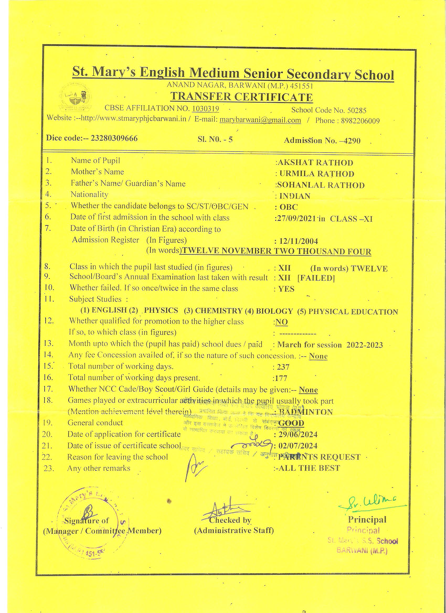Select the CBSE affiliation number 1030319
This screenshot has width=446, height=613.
[x=206, y=109]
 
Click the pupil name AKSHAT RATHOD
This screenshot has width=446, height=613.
[x=315, y=163]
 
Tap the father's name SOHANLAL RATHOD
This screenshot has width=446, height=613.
[x=321, y=185]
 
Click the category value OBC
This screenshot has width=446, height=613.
[x=289, y=207]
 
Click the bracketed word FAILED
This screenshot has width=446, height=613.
[x=316, y=278]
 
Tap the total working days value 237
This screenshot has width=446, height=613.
[x=283, y=367]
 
